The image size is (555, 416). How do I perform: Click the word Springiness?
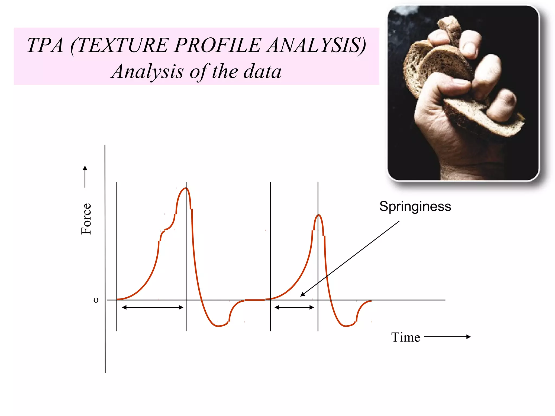415,206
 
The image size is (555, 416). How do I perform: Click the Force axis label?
86,219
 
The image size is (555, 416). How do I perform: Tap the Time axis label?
405,337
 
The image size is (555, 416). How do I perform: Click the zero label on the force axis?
96,300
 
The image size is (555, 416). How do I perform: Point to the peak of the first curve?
186,188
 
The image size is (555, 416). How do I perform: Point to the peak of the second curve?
318,215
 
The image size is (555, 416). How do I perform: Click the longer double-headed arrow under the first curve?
153,307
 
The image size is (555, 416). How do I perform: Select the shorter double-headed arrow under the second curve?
294,307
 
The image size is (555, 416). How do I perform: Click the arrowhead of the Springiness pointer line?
302,295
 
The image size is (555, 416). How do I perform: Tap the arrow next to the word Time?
447,337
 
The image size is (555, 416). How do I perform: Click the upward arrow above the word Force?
85,176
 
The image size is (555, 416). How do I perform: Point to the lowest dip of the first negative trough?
218,326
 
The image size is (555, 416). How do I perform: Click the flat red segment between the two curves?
255,300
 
